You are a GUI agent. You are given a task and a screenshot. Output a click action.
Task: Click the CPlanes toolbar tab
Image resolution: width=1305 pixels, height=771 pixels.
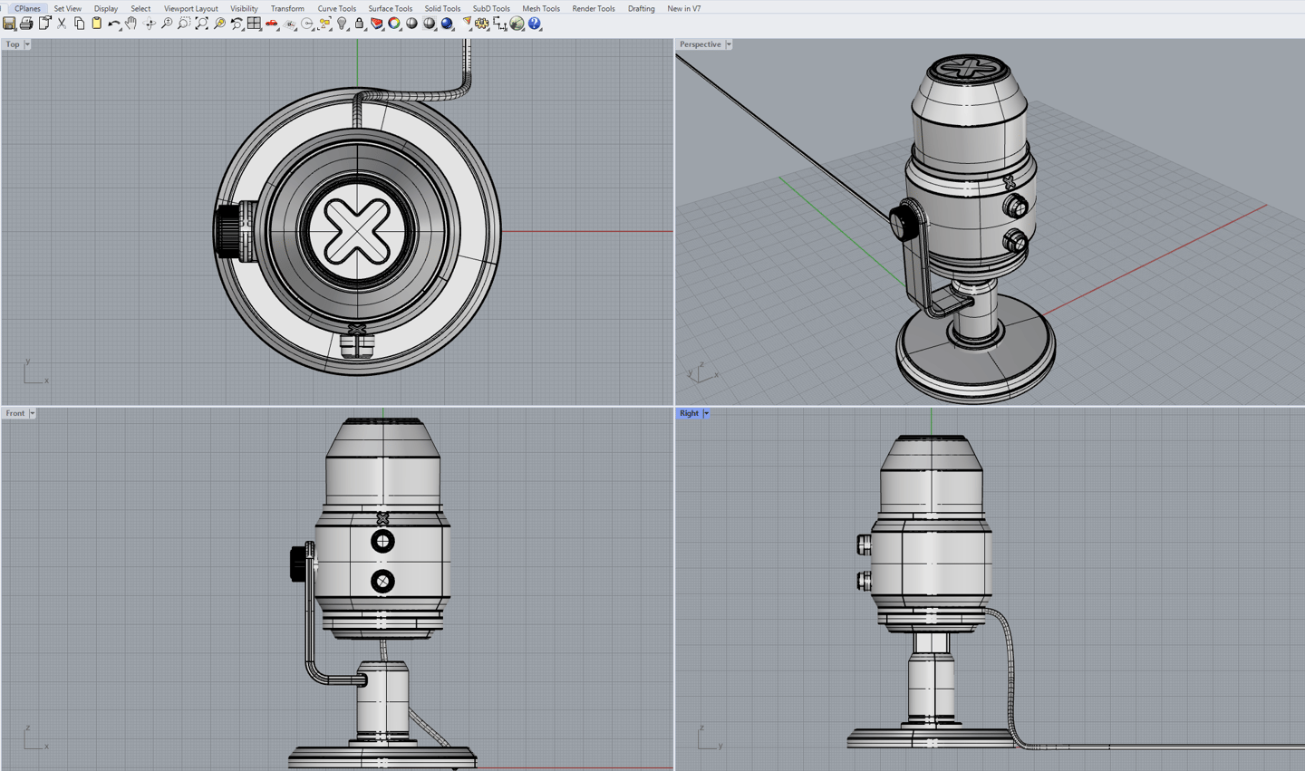(x=27, y=8)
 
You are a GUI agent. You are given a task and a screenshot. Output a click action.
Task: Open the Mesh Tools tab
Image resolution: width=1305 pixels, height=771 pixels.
(x=540, y=8)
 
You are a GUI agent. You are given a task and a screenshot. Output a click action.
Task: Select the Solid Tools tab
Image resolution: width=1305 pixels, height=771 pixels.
(x=442, y=8)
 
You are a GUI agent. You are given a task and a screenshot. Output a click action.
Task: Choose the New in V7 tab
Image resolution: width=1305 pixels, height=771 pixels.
(x=683, y=8)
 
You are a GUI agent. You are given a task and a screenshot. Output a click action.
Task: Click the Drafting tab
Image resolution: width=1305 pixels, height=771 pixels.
(x=641, y=8)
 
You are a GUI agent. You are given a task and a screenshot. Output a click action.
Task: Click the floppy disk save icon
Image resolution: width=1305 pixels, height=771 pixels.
(x=9, y=24)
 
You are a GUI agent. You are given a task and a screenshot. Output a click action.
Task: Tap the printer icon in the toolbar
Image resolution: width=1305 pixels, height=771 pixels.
(x=26, y=24)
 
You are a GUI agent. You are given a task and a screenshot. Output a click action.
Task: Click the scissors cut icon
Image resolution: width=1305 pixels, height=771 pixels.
(x=62, y=24)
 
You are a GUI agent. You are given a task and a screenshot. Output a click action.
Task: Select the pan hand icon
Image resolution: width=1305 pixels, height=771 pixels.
(x=131, y=24)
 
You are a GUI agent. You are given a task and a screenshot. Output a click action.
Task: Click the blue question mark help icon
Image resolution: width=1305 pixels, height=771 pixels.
(x=535, y=24)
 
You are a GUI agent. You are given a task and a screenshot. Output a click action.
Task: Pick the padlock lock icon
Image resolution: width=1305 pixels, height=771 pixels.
(x=360, y=24)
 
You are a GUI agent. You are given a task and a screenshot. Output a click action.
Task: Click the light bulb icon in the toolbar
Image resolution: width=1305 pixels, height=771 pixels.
(x=343, y=24)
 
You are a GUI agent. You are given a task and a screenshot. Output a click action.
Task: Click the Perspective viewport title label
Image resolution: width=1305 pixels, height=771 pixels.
(x=700, y=43)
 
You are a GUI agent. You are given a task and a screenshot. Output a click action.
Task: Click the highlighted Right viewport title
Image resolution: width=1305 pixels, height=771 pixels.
(x=689, y=413)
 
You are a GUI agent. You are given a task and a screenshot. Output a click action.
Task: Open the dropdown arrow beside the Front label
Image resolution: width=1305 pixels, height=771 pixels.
(x=32, y=413)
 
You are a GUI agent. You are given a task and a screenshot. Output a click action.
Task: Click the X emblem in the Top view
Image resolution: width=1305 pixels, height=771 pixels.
(x=356, y=229)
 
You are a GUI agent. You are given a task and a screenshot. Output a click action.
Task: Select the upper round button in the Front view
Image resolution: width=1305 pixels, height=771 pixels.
(x=382, y=542)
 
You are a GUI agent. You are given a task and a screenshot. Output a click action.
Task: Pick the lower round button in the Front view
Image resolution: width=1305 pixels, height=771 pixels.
(x=382, y=581)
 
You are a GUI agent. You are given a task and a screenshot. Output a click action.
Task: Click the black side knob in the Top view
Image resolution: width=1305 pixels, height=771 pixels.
(x=227, y=231)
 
